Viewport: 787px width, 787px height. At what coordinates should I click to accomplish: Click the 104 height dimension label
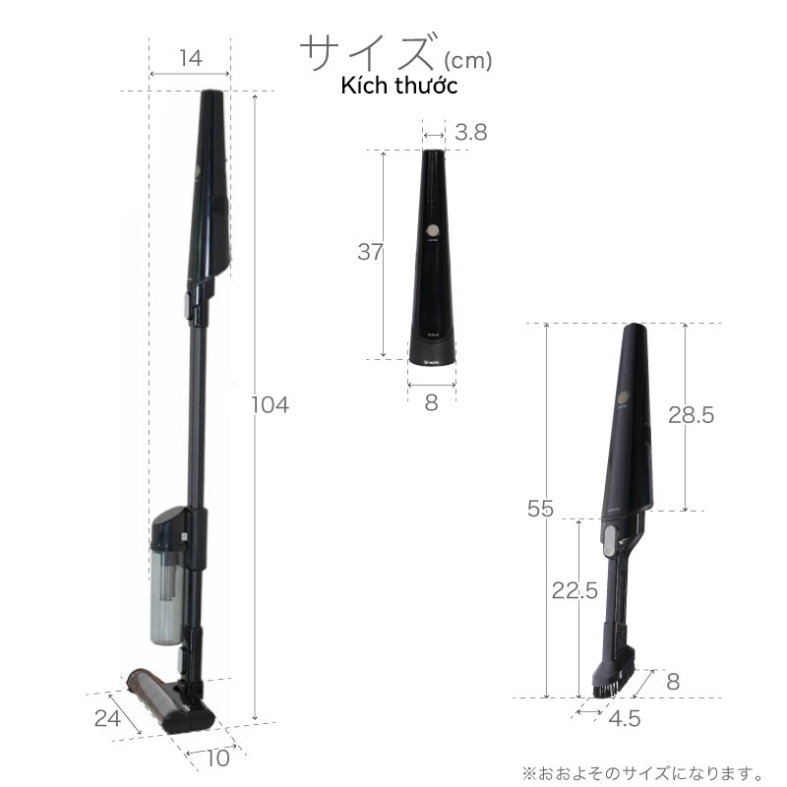coord(270,405)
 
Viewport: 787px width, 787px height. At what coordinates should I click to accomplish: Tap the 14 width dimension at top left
coord(191,58)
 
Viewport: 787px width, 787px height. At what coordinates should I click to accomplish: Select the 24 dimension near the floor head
coord(107,718)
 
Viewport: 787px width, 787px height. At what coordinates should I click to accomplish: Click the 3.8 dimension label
coord(471,133)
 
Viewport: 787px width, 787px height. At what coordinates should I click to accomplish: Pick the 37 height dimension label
coord(371,252)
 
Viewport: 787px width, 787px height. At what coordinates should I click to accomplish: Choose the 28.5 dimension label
coord(691,415)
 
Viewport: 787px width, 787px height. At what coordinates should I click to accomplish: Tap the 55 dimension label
coord(540,509)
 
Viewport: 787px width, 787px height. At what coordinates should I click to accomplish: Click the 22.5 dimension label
coord(575,591)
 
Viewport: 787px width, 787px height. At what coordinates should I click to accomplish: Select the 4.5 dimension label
coord(625,719)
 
